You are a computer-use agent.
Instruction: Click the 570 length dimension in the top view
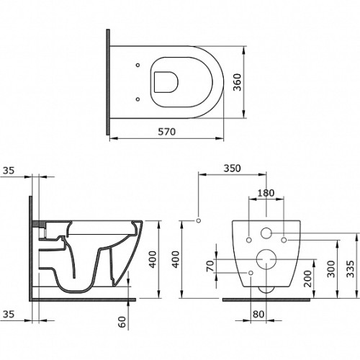[x=166, y=132]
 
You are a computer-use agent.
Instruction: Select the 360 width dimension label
[x=238, y=82]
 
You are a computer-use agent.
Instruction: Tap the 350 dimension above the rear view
[x=232, y=168]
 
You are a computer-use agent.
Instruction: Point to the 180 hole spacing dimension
[x=266, y=193]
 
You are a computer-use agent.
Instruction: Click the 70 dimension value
[x=210, y=266]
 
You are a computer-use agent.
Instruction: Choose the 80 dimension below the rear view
[x=258, y=314]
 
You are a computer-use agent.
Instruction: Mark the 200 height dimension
[x=307, y=279]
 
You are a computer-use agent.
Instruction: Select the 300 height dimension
[x=331, y=269]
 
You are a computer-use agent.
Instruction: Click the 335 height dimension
[x=350, y=269]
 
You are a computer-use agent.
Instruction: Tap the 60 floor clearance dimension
[x=122, y=322]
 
